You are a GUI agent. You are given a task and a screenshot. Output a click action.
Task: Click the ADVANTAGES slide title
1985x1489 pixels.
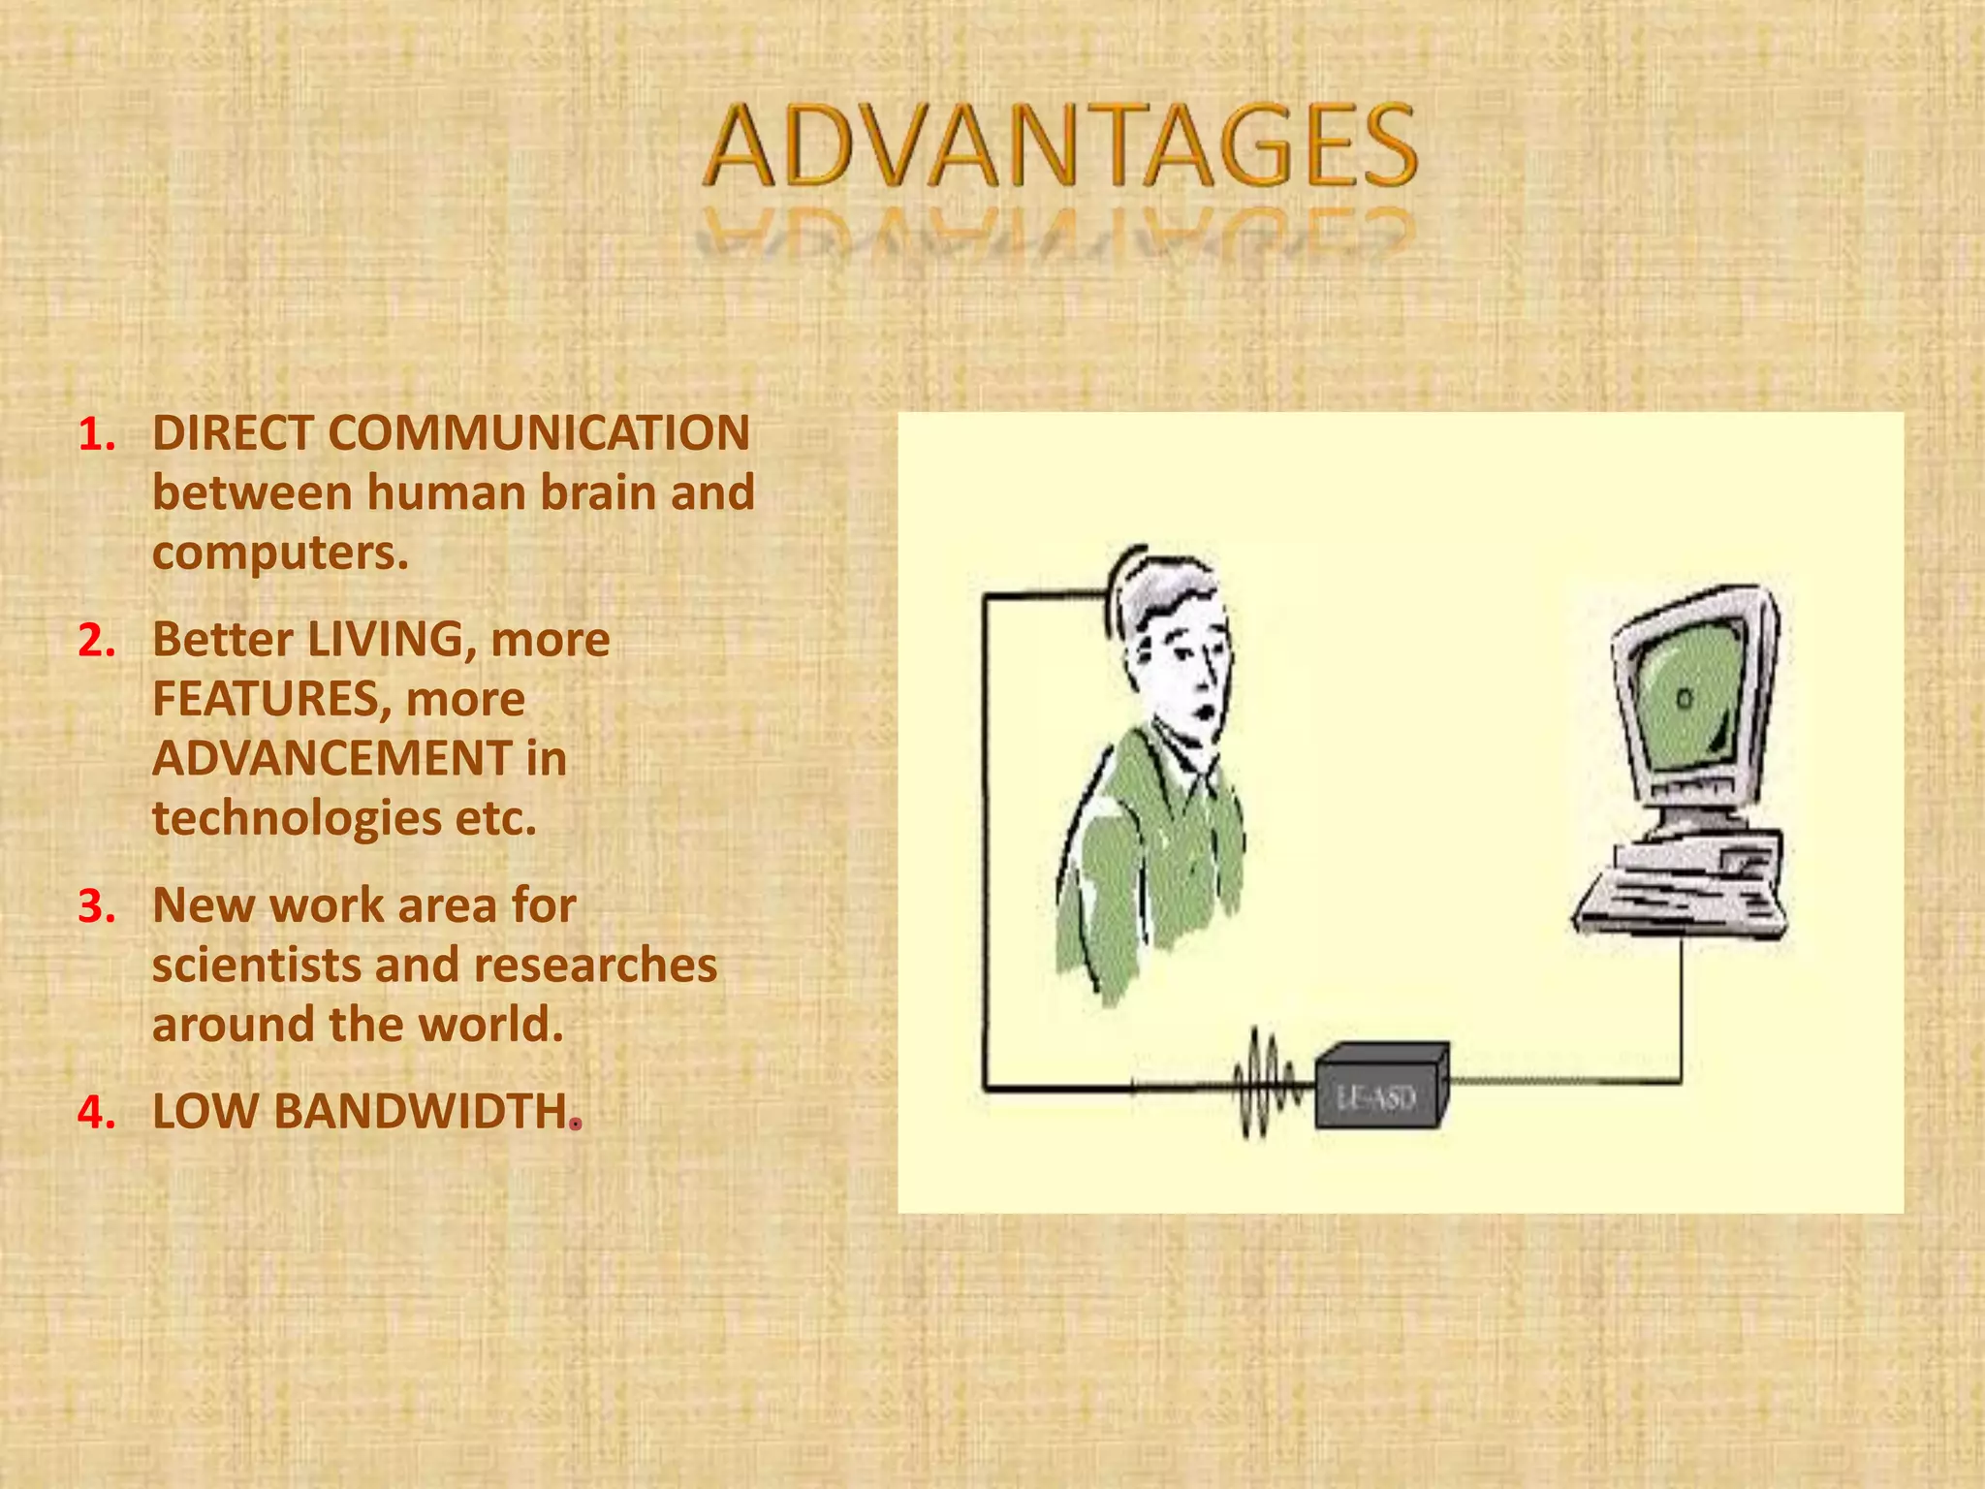(x=1059, y=147)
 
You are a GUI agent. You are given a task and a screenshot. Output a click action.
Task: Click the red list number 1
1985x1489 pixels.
(x=96, y=435)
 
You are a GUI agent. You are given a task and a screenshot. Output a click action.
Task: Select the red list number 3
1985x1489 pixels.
(x=96, y=907)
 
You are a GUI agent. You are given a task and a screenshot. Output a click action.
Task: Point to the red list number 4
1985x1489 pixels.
(x=96, y=1113)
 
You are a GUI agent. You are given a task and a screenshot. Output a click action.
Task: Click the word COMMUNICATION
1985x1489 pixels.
(x=538, y=433)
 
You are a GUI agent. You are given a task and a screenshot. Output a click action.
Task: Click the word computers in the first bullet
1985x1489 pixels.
(x=279, y=554)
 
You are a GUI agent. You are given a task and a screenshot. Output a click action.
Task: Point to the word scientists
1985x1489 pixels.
(x=256, y=966)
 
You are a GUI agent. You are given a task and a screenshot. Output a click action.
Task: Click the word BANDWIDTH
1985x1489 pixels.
(x=421, y=1112)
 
